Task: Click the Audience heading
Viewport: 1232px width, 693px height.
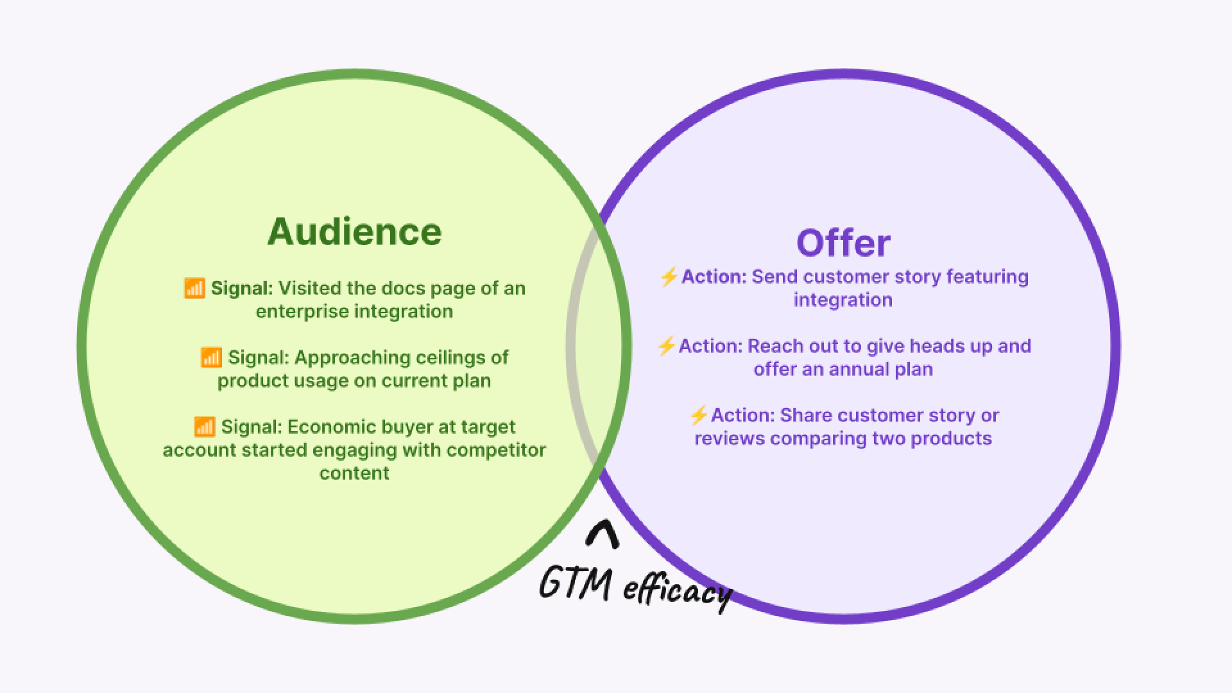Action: pyautogui.click(x=354, y=232)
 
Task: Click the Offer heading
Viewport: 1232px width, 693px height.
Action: pyautogui.click(x=843, y=243)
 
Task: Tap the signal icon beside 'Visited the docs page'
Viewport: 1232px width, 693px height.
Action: pyautogui.click(x=194, y=288)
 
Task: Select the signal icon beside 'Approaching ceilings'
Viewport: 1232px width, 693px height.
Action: pyautogui.click(x=211, y=357)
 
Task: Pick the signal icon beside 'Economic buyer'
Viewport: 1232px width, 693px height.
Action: pyautogui.click(x=204, y=427)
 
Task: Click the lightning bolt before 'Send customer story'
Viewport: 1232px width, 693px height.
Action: pyautogui.click(x=669, y=277)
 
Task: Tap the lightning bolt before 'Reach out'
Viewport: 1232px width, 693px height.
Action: pyautogui.click(x=666, y=346)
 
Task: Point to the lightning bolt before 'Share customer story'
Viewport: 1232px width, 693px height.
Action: pyautogui.click(x=698, y=416)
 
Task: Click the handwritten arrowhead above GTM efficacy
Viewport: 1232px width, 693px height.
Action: pyautogui.click(x=603, y=534)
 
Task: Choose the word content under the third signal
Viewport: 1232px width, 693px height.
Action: pyautogui.click(x=354, y=473)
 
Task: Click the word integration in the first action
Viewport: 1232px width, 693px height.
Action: pyautogui.click(x=843, y=300)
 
